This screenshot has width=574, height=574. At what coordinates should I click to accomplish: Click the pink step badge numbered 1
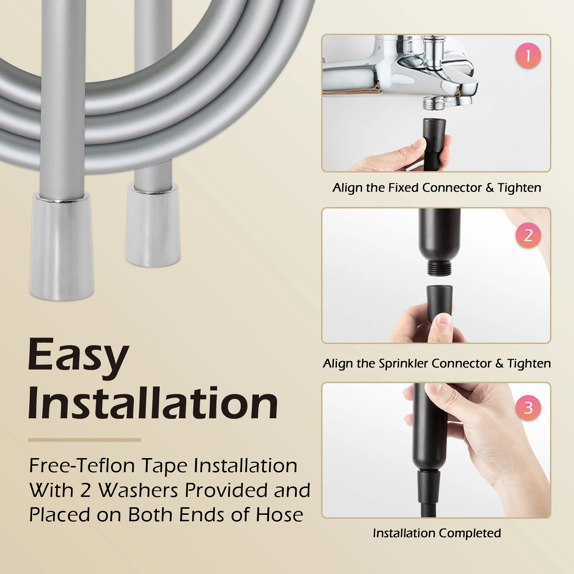click(x=528, y=56)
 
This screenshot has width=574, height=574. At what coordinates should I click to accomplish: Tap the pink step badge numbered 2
click(x=528, y=235)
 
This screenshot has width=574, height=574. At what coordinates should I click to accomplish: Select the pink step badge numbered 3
click(x=528, y=408)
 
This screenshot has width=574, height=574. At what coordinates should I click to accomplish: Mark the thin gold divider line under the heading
click(x=85, y=440)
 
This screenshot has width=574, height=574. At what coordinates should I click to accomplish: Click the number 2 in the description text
click(x=85, y=490)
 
